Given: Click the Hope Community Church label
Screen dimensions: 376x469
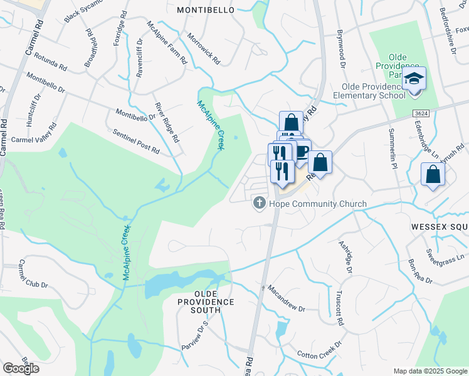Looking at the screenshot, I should coord(317,203).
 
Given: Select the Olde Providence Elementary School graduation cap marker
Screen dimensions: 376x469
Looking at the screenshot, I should coord(414,80).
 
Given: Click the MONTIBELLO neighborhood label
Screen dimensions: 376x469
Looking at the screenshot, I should coord(205,10).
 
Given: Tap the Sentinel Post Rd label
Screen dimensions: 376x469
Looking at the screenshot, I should coord(136,142).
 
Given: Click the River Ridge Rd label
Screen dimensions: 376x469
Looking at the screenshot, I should coord(167,122).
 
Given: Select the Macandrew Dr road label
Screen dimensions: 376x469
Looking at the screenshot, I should coord(285,300).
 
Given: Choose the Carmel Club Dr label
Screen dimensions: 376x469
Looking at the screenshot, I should coord(33,275).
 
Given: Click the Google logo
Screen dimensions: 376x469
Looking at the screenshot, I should coord(20,368).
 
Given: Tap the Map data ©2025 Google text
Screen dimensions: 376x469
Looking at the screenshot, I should coord(429,371).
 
